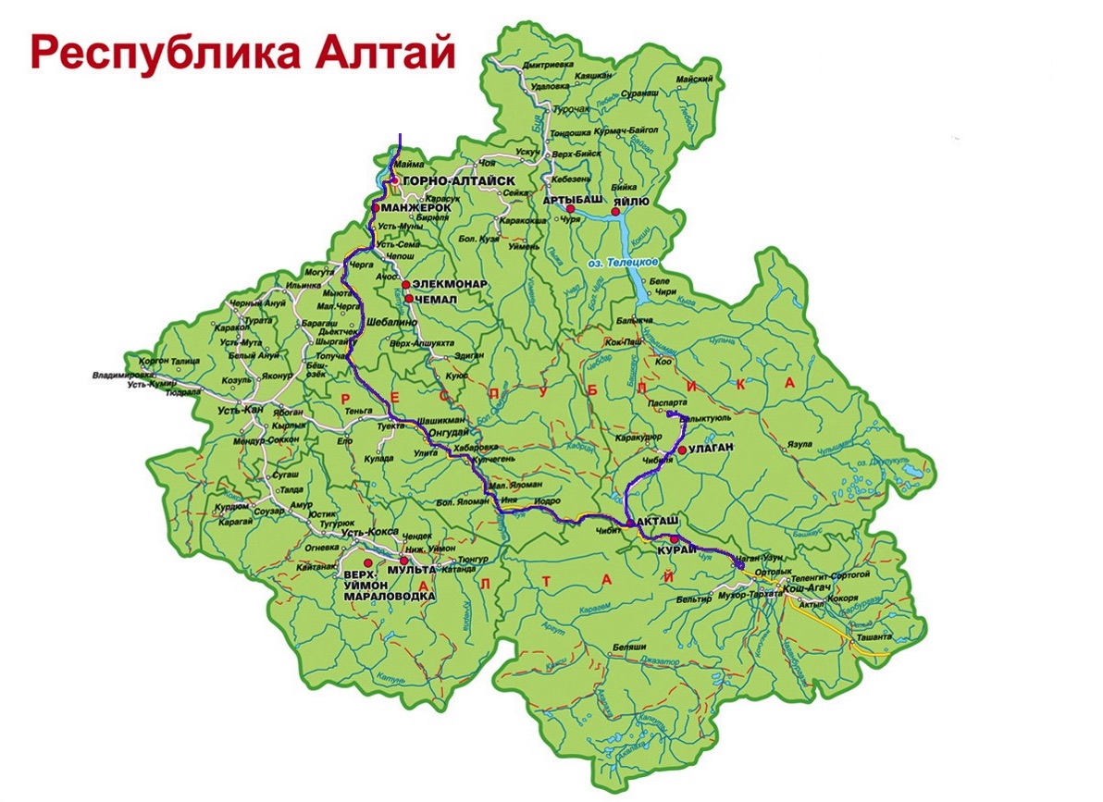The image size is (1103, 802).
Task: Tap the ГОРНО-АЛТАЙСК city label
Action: pyautogui.click(x=452, y=182)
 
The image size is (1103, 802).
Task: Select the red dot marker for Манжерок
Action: pyautogui.click(x=377, y=209)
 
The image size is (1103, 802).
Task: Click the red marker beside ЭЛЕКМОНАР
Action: pyautogui.click(x=405, y=284)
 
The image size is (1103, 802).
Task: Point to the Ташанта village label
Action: pyautogui.click(x=874, y=638)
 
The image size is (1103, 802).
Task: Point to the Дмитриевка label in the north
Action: pyautogui.click(x=548, y=66)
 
